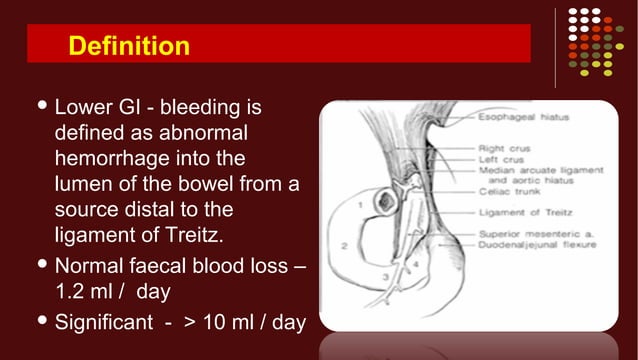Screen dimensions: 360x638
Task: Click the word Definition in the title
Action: click(x=128, y=45)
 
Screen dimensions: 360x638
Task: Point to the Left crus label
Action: click(x=496, y=160)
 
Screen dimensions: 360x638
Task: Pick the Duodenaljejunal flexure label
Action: click(x=529, y=244)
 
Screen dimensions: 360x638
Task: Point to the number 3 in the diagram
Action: click(x=384, y=274)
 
